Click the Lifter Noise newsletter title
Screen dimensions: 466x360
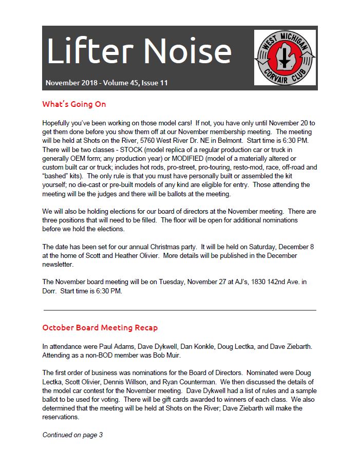[139, 51]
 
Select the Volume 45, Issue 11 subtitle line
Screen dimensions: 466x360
[106, 83]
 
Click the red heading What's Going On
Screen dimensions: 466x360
[74, 104]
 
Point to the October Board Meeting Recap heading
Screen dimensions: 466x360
[100, 327]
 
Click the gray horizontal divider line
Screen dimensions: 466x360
[180, 310]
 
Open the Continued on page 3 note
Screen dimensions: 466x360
[72, 435]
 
